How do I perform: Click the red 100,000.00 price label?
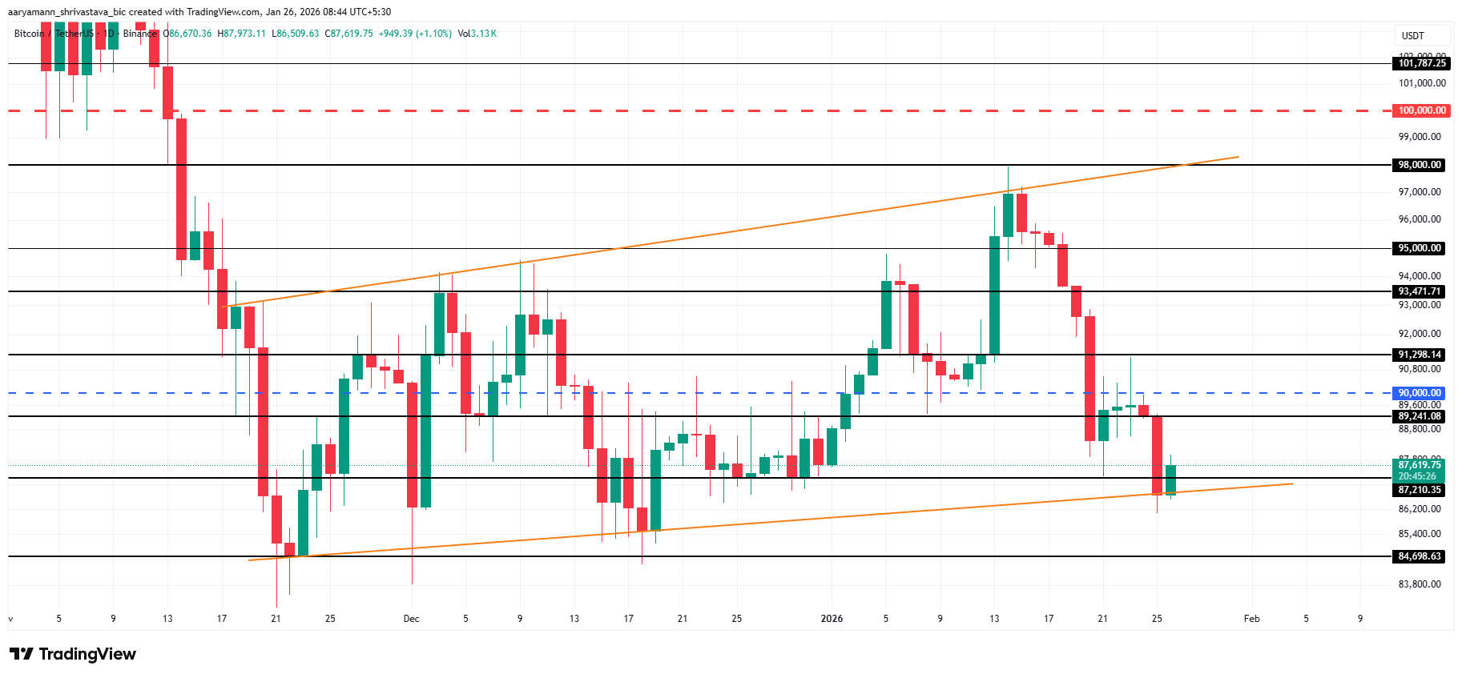[x=1422, y=110]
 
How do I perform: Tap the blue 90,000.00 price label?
[x=1420, y=393]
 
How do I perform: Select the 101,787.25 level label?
[x=1422, y=63]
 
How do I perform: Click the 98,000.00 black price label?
[x=1420, y=165]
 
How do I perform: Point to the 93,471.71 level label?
[x=1420, y=291]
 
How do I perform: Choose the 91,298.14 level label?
[x=1420, y=355]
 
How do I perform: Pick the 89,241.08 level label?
[x=1420, y=416]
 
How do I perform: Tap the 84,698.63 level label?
[x=1420, y=556]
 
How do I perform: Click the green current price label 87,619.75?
[x=1420, y=465]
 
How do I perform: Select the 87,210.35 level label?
[x=1420, y=490]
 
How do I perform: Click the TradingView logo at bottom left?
[x=73, y=654]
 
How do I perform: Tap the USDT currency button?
[x=1413, y=36]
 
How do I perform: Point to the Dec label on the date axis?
[x=412, y=619]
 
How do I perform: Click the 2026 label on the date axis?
[x=832, y=619]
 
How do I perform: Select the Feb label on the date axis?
[x=1251, y=619]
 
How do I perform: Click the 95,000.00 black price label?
[x=1420, y=248]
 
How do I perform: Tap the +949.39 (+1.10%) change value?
[x=415, y=34]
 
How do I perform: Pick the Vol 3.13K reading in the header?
[x=477, y=34]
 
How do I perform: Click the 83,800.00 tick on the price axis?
[x=1420, y=584]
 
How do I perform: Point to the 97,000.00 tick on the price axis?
[x=1420, y=192]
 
